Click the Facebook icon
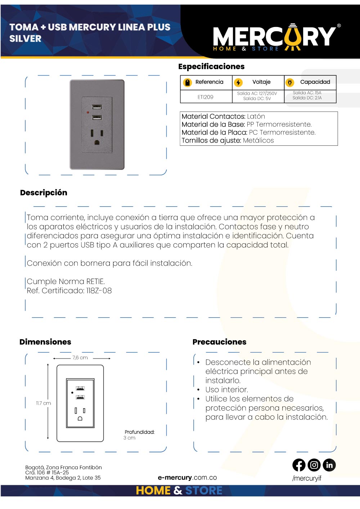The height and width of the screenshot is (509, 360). click(299, 465)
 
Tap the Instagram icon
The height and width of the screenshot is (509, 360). click(314, 465)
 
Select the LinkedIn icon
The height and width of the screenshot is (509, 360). click(329, 465)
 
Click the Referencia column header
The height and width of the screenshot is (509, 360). click(209, 82)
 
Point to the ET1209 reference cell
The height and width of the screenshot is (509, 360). click(206, 97)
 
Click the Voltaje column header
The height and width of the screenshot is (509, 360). click(261, 82)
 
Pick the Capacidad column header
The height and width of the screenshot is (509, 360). click(315, 82)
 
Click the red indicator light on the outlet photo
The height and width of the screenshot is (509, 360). click(88, 112)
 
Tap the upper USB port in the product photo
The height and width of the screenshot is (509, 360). click(97, 107)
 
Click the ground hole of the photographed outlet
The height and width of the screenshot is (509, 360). click(97, 143)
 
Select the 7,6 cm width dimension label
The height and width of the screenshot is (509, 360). click(80, 358)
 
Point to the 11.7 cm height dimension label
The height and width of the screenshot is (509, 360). click(44, 403)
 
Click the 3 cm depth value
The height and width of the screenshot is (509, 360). click(130, 438)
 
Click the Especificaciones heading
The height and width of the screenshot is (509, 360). click(211, 67)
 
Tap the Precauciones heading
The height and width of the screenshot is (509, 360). click(219, 342)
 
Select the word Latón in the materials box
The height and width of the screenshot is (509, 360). click(256, 117)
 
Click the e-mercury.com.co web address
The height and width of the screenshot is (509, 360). click(187, 478)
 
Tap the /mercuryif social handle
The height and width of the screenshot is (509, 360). click(307, 478)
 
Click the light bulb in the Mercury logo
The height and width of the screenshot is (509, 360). click(293, 37)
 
